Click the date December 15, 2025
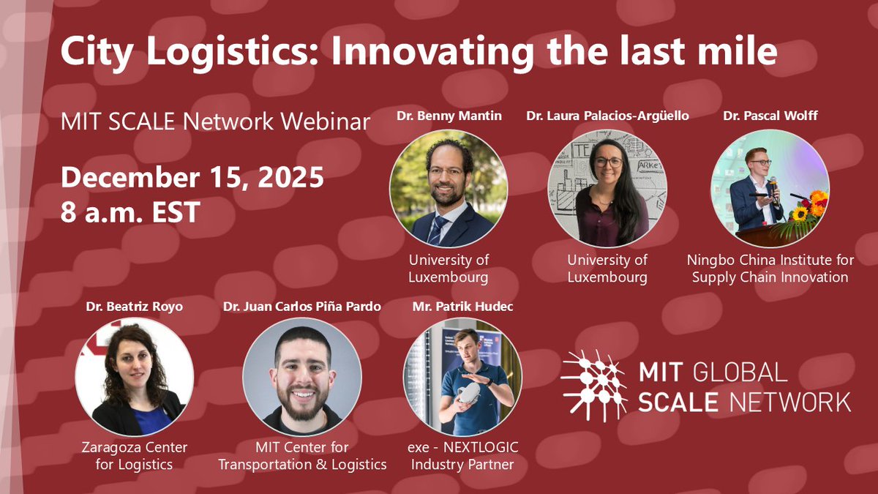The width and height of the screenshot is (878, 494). tap(192, 178)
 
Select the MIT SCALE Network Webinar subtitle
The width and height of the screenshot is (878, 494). tap(215, 121)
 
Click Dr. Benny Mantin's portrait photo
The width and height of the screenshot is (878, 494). tap(448, 188)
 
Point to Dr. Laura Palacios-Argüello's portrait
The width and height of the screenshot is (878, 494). tap(607, 188)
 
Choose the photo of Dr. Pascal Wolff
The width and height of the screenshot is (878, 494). tap(770, 188)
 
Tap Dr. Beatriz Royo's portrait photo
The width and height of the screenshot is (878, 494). tap(135, 377)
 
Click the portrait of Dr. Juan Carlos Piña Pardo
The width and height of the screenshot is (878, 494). tap(302, 377)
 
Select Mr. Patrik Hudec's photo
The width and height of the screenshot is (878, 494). tap(462, 377)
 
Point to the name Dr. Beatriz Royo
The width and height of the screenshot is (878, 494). tap(134, 307)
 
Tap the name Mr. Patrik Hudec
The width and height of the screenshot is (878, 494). tap(463, 307)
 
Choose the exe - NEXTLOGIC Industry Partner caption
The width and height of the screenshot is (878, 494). tap(462, 455)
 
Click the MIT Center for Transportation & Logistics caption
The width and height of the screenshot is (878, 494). tap(302, 455)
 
